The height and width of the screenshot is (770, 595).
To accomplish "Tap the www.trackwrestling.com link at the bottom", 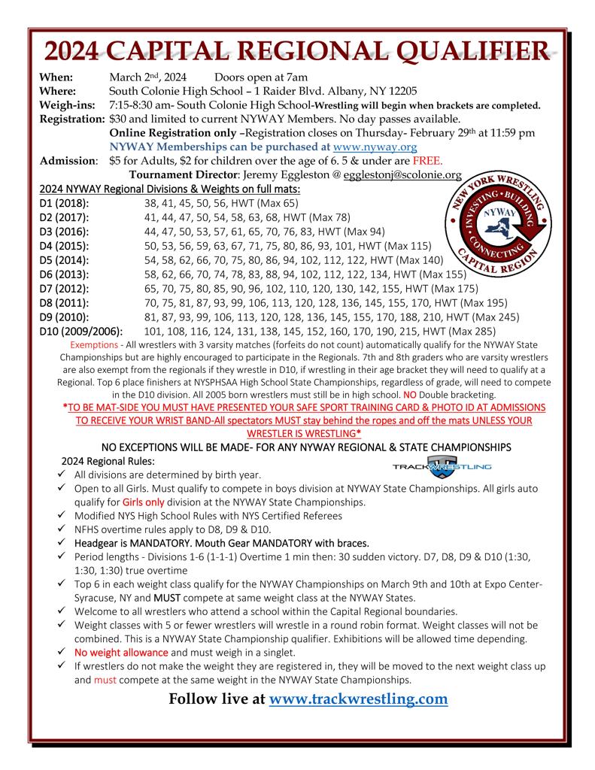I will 358,699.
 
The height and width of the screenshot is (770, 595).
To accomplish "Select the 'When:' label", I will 56,78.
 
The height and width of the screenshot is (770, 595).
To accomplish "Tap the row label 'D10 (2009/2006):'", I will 82,330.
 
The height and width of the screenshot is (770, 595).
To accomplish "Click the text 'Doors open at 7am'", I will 261,78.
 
